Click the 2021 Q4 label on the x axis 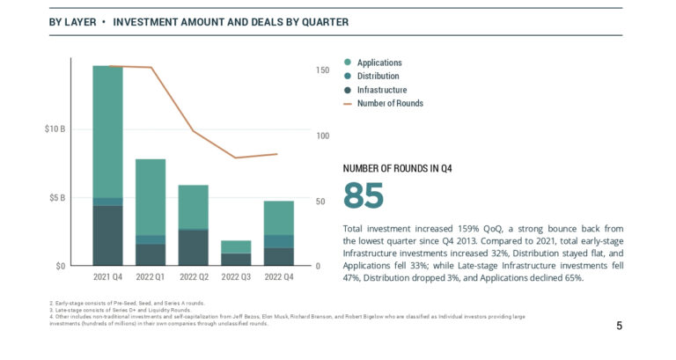click(107, 277)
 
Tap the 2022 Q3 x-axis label click(236, 277)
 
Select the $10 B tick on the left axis click(55, 129)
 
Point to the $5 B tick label click(56, 198)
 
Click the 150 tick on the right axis click(322, 70)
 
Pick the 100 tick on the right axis click(322, 136)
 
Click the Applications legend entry click(378, 62)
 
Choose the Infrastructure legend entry click(381, 90)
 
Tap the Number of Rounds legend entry click(389, 103)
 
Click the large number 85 click(363, 195)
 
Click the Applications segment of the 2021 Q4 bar click(107, 132)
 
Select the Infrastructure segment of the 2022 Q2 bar click(193, 247)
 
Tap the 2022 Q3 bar click(236, 253)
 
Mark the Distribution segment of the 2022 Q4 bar click(279, 241)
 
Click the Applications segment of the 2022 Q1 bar click(151, 197)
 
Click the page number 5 click(619, 326)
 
